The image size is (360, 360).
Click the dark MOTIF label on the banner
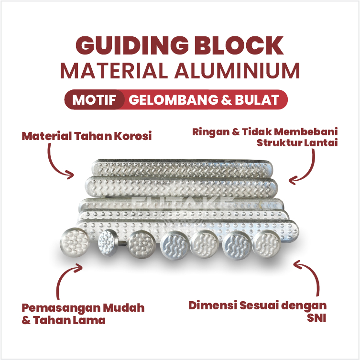[94, 100]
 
